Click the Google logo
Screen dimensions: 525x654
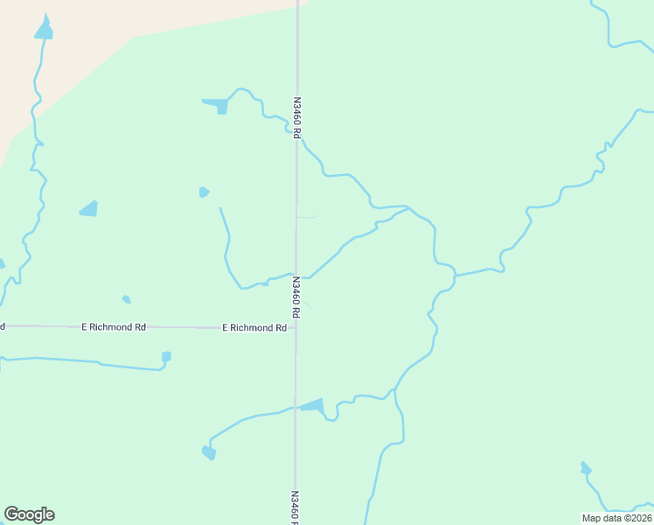tap(29, 514)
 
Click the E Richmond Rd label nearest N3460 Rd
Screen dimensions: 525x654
tap(254, 328)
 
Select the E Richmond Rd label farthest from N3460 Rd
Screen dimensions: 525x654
tap(114, 327)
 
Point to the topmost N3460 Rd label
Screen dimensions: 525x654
tap(296, 117)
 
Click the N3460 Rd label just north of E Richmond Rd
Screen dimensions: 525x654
tap(296, 297)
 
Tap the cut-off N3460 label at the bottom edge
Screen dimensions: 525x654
tap(296, 507)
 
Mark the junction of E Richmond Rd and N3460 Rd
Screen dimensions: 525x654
tap(296, 328)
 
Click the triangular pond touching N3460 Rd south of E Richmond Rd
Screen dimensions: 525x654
tap(313, 405)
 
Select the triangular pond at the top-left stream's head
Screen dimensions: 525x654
tap(43, 30)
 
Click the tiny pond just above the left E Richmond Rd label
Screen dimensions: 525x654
tap(127, 299)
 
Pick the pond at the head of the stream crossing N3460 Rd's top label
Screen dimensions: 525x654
tap(218, 106)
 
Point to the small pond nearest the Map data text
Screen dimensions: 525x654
tap(585, 469)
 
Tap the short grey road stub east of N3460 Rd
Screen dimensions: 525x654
tap(308, 217)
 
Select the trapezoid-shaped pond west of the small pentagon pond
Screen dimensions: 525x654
tap(89, 209)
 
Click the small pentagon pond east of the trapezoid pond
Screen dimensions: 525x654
tap(204, 192)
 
